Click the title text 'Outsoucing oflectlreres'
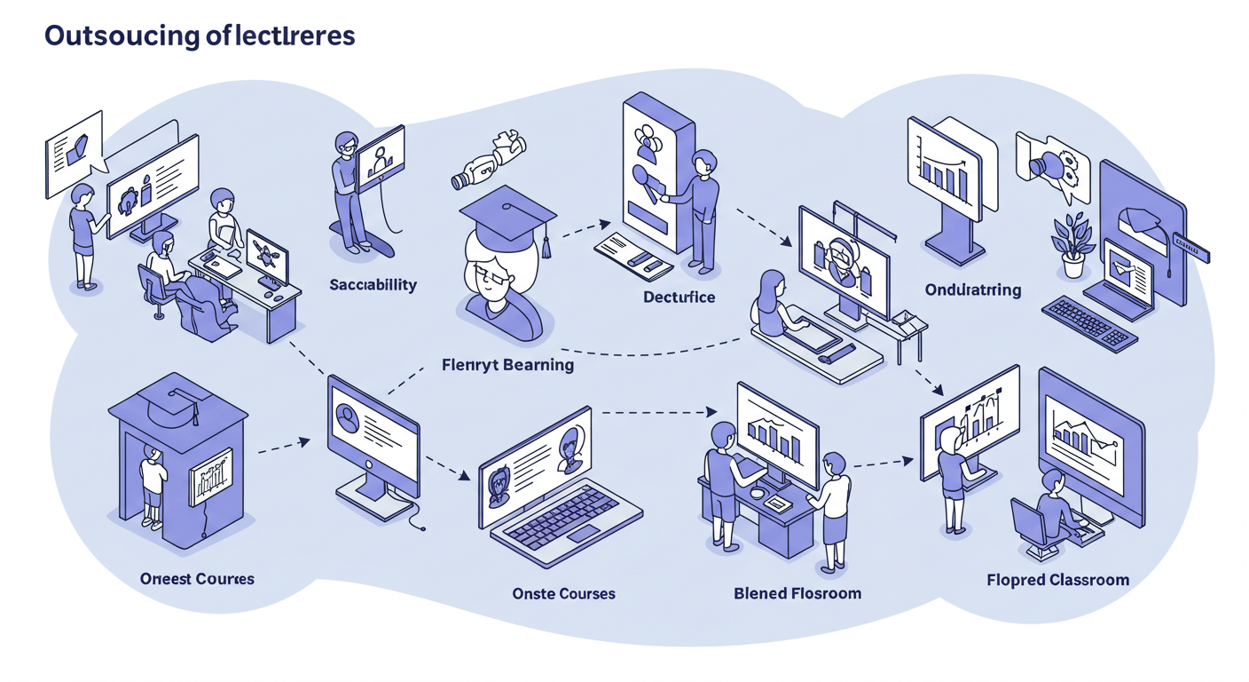[x=200, y=36]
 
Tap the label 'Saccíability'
[x=373, y=285]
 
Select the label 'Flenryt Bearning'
[x=507, y=364]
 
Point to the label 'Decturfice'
[x=679, y=297]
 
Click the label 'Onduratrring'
[x=972, y=289]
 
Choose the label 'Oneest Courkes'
[x=197, y=579]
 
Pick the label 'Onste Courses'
[x=563, y=593]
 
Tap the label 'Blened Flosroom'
[x=797, y=592]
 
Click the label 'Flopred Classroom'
[x=1057, y=580]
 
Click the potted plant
[x=1072, y=244]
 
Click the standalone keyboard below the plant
[x=1089, y=322]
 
